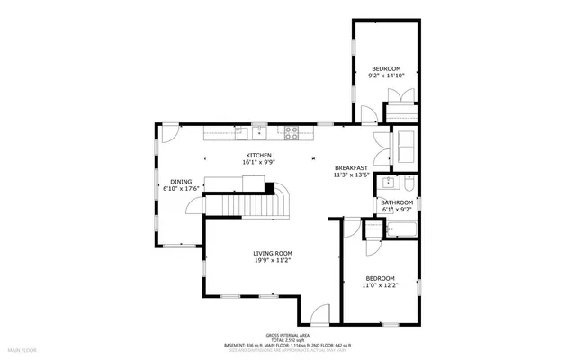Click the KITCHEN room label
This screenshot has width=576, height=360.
pyautogui.click(x=259, y=155)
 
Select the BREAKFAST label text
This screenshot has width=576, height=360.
pyautogui.click(x=350, y=168)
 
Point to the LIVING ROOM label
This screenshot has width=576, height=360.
pyautogui.click(x=272, y=254)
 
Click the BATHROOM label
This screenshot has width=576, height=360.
pyautogui.click(x=396, y=203)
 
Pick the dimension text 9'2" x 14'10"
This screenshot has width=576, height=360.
pyautogui.click(x=386, y=76)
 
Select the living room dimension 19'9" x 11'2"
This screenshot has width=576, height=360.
pyautogui.click(x=272, y=262)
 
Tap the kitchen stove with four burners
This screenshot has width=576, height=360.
pyautogui.click(x=292, y=133)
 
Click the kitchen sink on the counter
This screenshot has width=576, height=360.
pyautogui.click(x=259, y=133)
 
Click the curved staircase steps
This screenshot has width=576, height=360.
pyautogui.click(x=281, y=200)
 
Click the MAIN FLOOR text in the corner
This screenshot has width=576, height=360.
pyautogui.click(x=21, y=347)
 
